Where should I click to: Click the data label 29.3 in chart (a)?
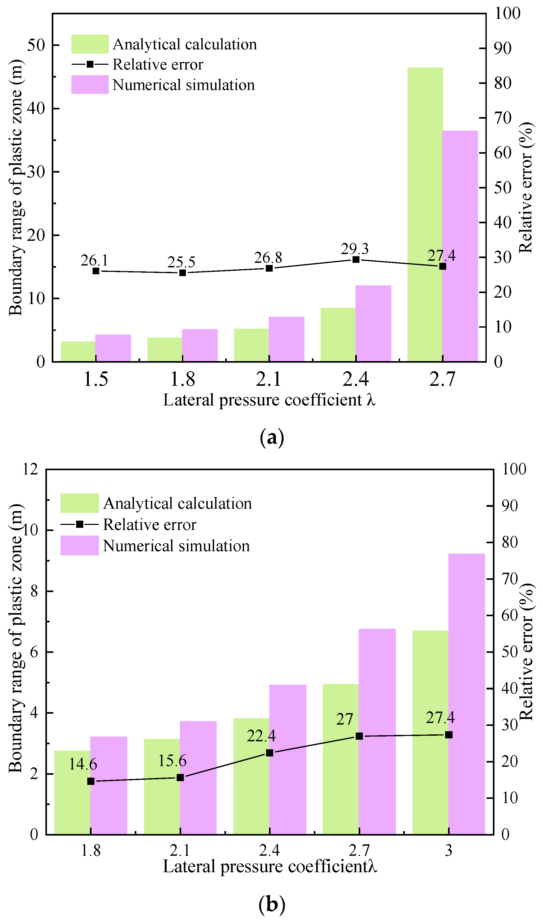(355, 249)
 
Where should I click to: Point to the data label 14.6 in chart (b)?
(83, 764)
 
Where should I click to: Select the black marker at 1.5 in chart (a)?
(96, 271)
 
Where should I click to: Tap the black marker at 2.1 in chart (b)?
(180, 777)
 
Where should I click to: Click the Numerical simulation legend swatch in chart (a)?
(90, 85)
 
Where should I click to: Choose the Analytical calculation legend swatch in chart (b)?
(79, 503)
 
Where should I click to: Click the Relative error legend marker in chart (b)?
(79, 524)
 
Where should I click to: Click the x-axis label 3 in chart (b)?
(449, 850)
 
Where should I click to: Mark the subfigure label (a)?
(272, 437)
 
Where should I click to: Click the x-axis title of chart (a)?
(269, 400)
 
